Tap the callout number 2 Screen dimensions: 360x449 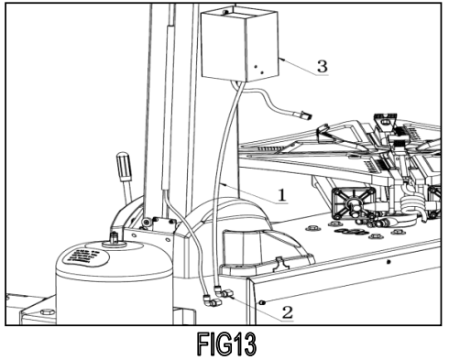(x=287, y=311)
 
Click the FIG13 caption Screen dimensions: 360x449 (x=225, y=344)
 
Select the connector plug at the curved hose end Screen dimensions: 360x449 (x=302, y=115)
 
